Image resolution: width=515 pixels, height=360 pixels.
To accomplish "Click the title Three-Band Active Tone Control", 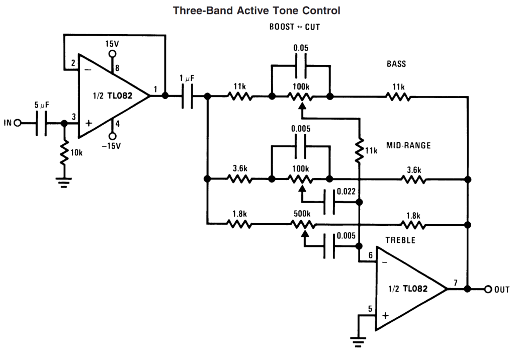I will tap(256, 10).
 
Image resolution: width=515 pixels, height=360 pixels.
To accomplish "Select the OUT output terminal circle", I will tap(487, 289).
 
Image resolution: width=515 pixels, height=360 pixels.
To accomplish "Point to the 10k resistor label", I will tap(77, 152).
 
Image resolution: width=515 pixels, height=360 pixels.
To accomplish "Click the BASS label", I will tap(396, 64).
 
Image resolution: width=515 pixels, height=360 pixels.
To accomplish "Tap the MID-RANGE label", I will tap(408, 146).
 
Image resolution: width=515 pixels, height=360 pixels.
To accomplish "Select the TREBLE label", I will tap(400, 240).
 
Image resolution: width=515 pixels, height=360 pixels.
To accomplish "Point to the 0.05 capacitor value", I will tap(301, 48).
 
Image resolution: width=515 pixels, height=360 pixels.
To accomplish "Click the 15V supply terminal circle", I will tap(113, 54).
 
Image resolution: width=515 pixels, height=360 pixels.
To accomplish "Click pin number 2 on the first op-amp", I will tap(73, 63).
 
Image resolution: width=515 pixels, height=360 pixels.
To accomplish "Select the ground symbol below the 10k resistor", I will tap(64, 182).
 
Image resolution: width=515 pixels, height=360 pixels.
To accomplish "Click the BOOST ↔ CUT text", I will tap(295, 27).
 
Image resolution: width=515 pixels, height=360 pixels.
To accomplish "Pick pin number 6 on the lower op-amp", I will tap(371, 255).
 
